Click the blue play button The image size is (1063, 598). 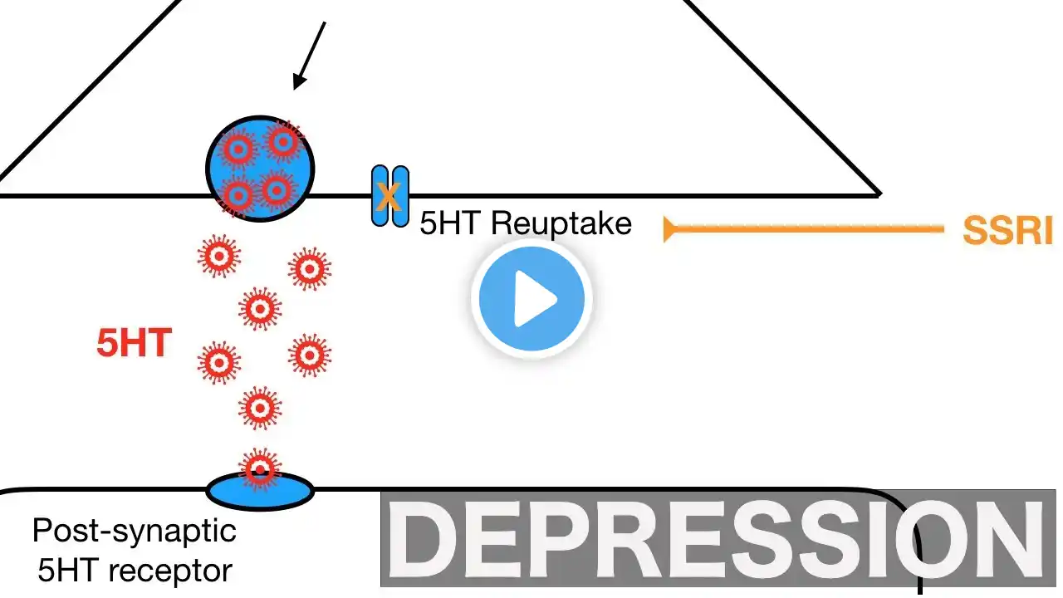(x=531, y=299)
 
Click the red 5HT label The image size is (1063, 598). (x=134, y=343)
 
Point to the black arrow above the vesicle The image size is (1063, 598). (x=310, y=56)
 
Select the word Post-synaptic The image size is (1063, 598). (x=135, y=530)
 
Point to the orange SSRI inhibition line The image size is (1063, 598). (x=806, y=228)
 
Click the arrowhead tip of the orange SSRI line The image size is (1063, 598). (x=667, y=228)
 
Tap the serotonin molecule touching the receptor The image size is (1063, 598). (x=260, y=468)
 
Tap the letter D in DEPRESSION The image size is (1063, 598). (x=424, y=539)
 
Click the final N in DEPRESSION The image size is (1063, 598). (x=1008, y=539)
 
